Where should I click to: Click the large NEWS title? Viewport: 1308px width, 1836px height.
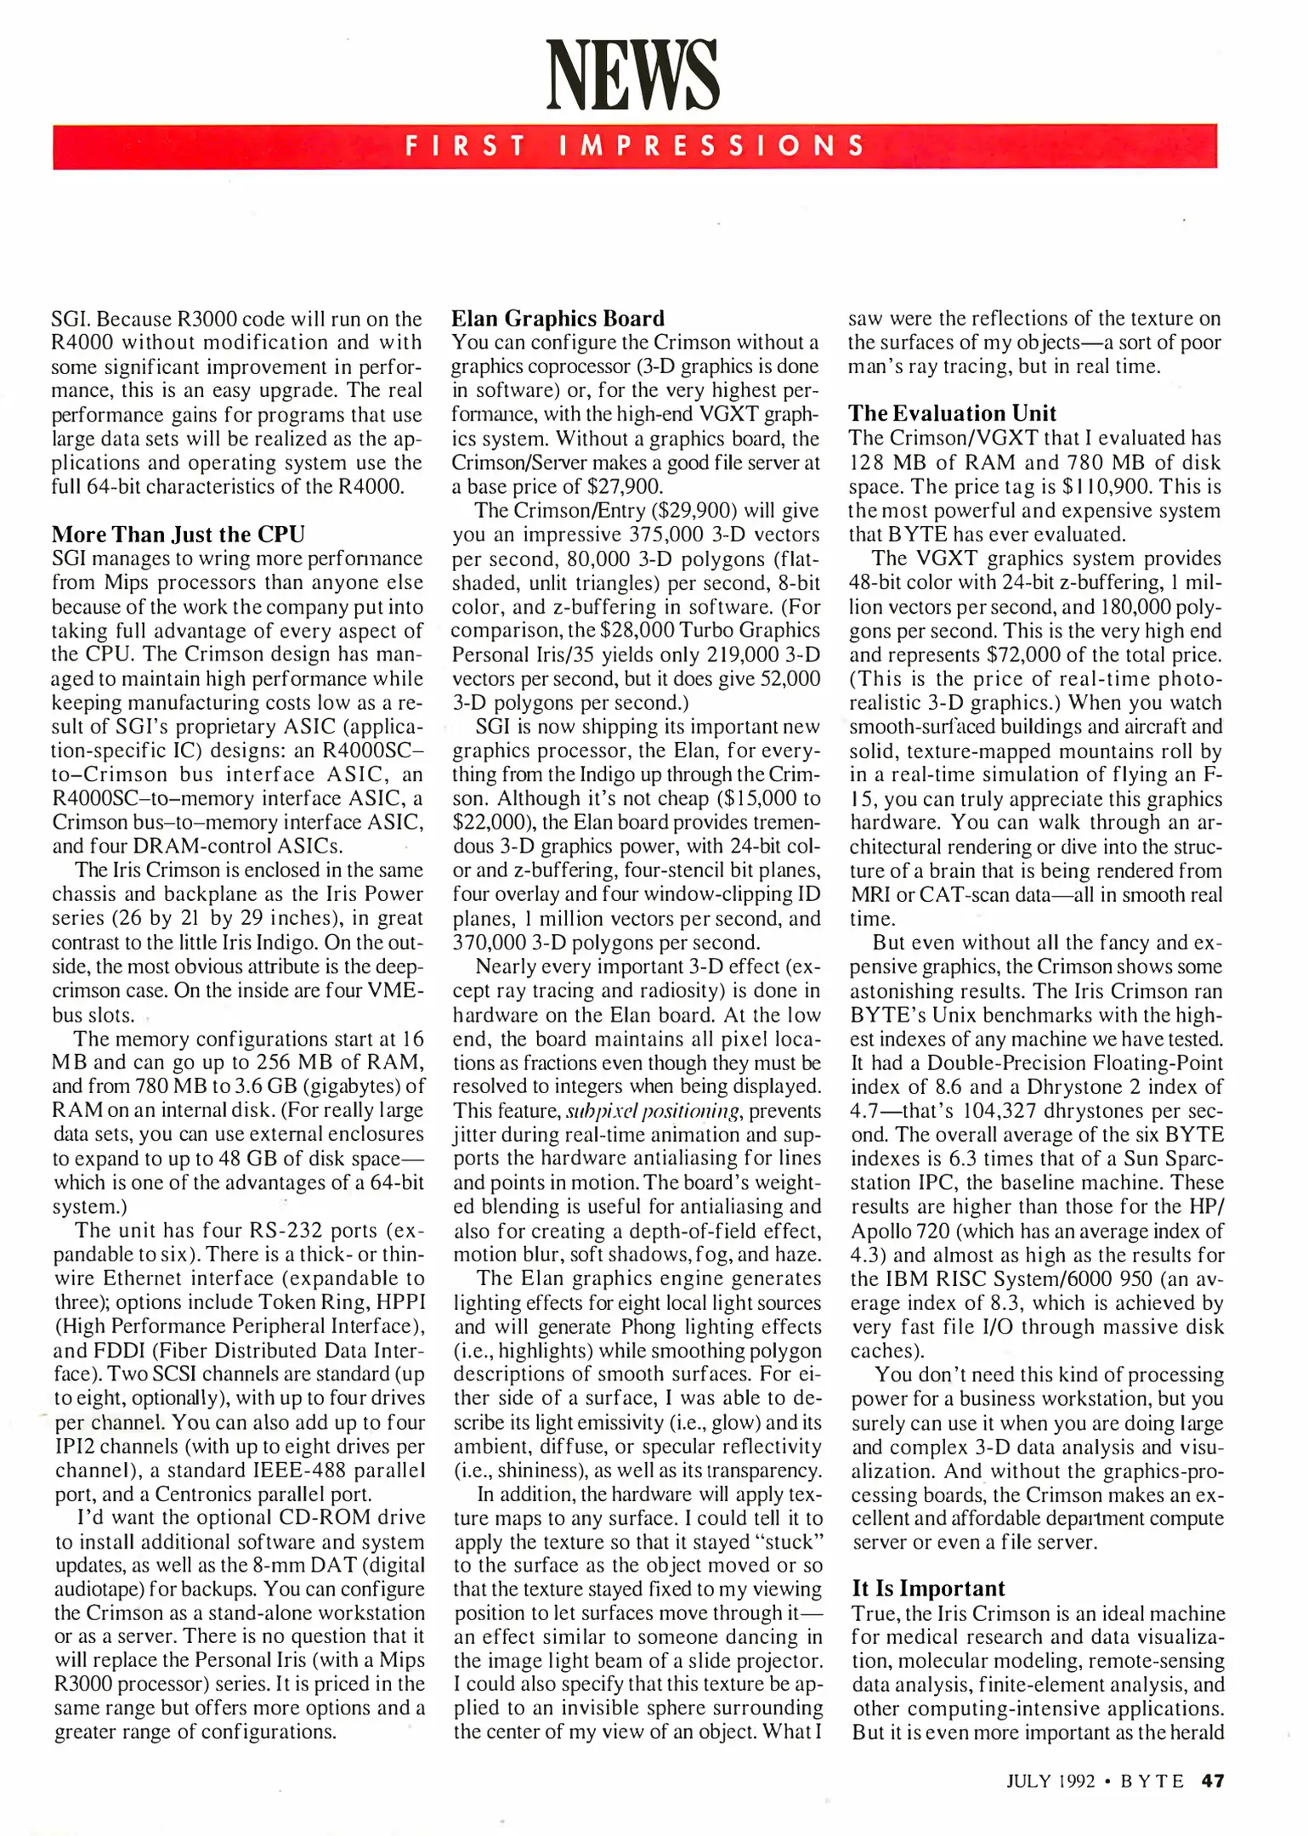[632, 76]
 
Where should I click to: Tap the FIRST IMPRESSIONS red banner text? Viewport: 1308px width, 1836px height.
[634, 146]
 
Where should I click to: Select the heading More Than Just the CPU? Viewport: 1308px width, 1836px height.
[178, 534]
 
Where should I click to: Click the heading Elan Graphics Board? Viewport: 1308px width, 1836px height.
[558, 318]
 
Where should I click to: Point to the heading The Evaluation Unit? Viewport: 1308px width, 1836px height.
[952, 413]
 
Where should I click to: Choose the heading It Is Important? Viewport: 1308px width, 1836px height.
[928, 1589]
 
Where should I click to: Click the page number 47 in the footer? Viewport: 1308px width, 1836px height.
[1213, 1781]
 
